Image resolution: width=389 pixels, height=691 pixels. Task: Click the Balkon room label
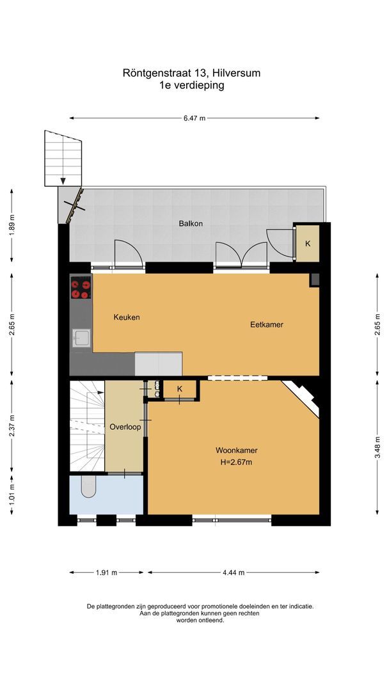tap(191, 223)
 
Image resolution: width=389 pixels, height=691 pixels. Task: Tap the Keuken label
tap(127, 317)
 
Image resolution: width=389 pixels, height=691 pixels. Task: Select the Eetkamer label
tap(266, 325)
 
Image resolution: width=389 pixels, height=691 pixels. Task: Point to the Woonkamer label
tap(236, 450)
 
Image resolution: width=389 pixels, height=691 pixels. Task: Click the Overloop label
tap(125, 427)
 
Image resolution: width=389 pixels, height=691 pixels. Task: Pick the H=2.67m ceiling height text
tap(236, 463)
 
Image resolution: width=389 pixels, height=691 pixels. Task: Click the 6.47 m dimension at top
tap(194, 118)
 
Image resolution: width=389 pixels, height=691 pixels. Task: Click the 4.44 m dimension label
tap(233, 573)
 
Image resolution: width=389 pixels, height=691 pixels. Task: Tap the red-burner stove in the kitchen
tap(81, 288)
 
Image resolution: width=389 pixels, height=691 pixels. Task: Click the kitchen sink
tap(81, 338)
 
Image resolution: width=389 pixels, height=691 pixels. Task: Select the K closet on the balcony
tap(307, 244)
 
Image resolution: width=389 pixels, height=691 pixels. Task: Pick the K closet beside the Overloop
tap(179, 389)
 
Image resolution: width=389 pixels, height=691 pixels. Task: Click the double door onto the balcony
tap(241, 255)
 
